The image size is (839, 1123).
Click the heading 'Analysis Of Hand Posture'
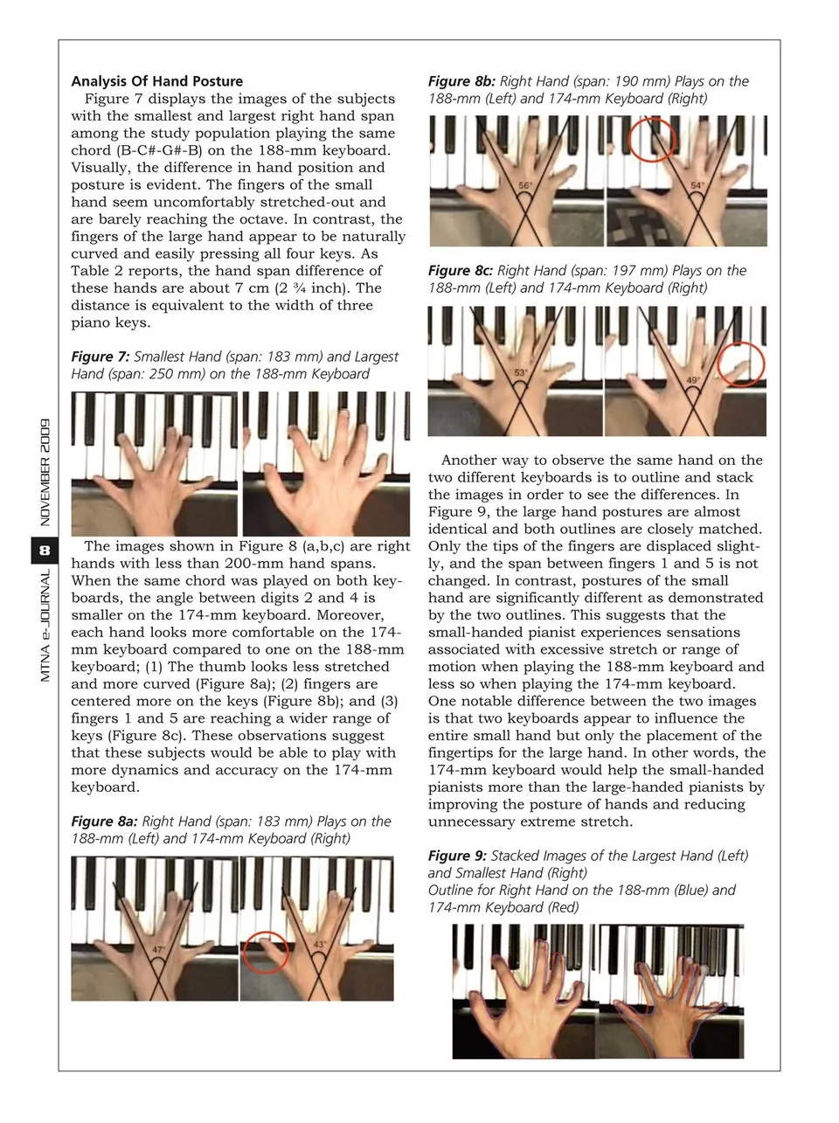coord(157,81)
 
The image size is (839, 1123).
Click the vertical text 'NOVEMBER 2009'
coord(45,472)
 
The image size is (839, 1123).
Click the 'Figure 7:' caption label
coord(101,357)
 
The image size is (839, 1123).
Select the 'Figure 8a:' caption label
coord(104,821)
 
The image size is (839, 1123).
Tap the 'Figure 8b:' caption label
coord(461,81)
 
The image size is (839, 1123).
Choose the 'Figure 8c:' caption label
coord(461,271)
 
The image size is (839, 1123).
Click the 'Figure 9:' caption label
coord(457,856)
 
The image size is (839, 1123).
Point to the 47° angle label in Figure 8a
coord(158,950)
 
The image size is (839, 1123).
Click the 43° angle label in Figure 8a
coord(320,944)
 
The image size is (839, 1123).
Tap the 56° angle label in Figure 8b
coord(524,186)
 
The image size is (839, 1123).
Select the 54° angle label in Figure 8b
coord(697,185)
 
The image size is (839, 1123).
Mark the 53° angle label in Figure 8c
coord(520,373)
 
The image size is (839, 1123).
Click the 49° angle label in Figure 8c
coord(693,380)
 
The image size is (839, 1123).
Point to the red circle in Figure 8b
coord(653,140)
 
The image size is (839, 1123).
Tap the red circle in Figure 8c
coord(740,364)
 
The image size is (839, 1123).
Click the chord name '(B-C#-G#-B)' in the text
coord(157,150)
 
